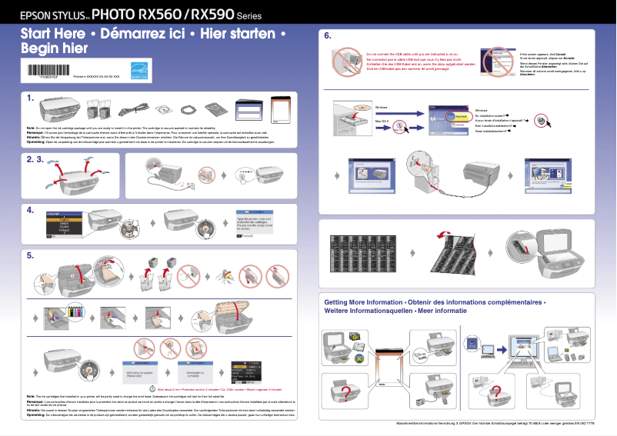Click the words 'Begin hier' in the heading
tap(54, 48)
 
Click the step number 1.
tap(30, 98)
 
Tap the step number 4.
tap(30, 209)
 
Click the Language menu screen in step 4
tap(65, 225)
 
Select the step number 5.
tap(30, 255)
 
